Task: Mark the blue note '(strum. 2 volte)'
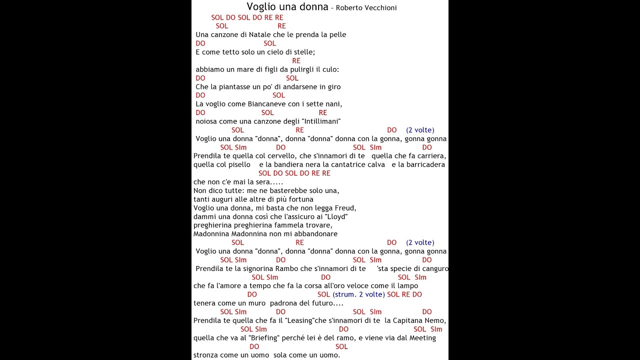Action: [x=358, y=294]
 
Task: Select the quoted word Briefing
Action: [x=263, y=338]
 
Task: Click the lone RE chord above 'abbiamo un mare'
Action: [x=296, y=60]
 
